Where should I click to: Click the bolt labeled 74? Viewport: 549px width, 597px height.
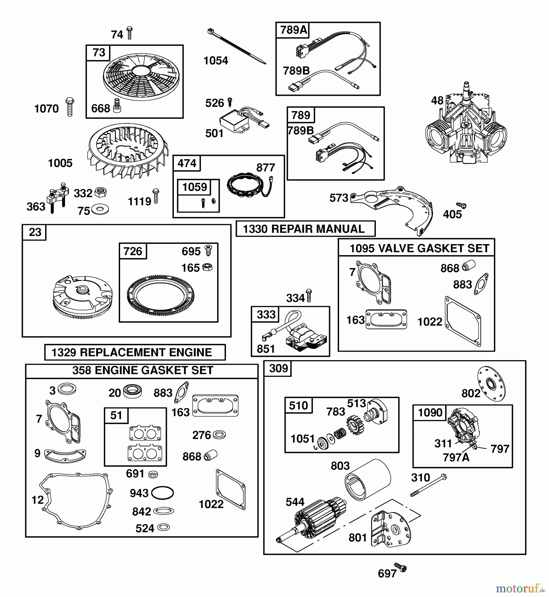click(129, 33)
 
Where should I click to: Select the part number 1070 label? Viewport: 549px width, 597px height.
click(46, 109)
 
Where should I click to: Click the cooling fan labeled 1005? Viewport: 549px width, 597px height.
click(128, 151)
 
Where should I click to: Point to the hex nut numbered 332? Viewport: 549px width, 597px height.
click(100, 192)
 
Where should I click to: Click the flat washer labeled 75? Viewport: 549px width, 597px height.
click(100, 209)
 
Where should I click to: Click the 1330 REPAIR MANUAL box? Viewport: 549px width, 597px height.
click(305, 229)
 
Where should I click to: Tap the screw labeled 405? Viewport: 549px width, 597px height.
click(461, 206)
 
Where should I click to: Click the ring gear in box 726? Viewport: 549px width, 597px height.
click(161, 295)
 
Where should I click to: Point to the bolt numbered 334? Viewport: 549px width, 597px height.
click(309, 296)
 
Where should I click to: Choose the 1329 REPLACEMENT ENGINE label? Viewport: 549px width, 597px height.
click(135, 352)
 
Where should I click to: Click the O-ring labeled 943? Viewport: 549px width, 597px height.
click(162, 493)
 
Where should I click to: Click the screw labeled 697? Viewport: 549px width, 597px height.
click(400, 567)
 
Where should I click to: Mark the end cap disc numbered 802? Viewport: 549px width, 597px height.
click(491, 384)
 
